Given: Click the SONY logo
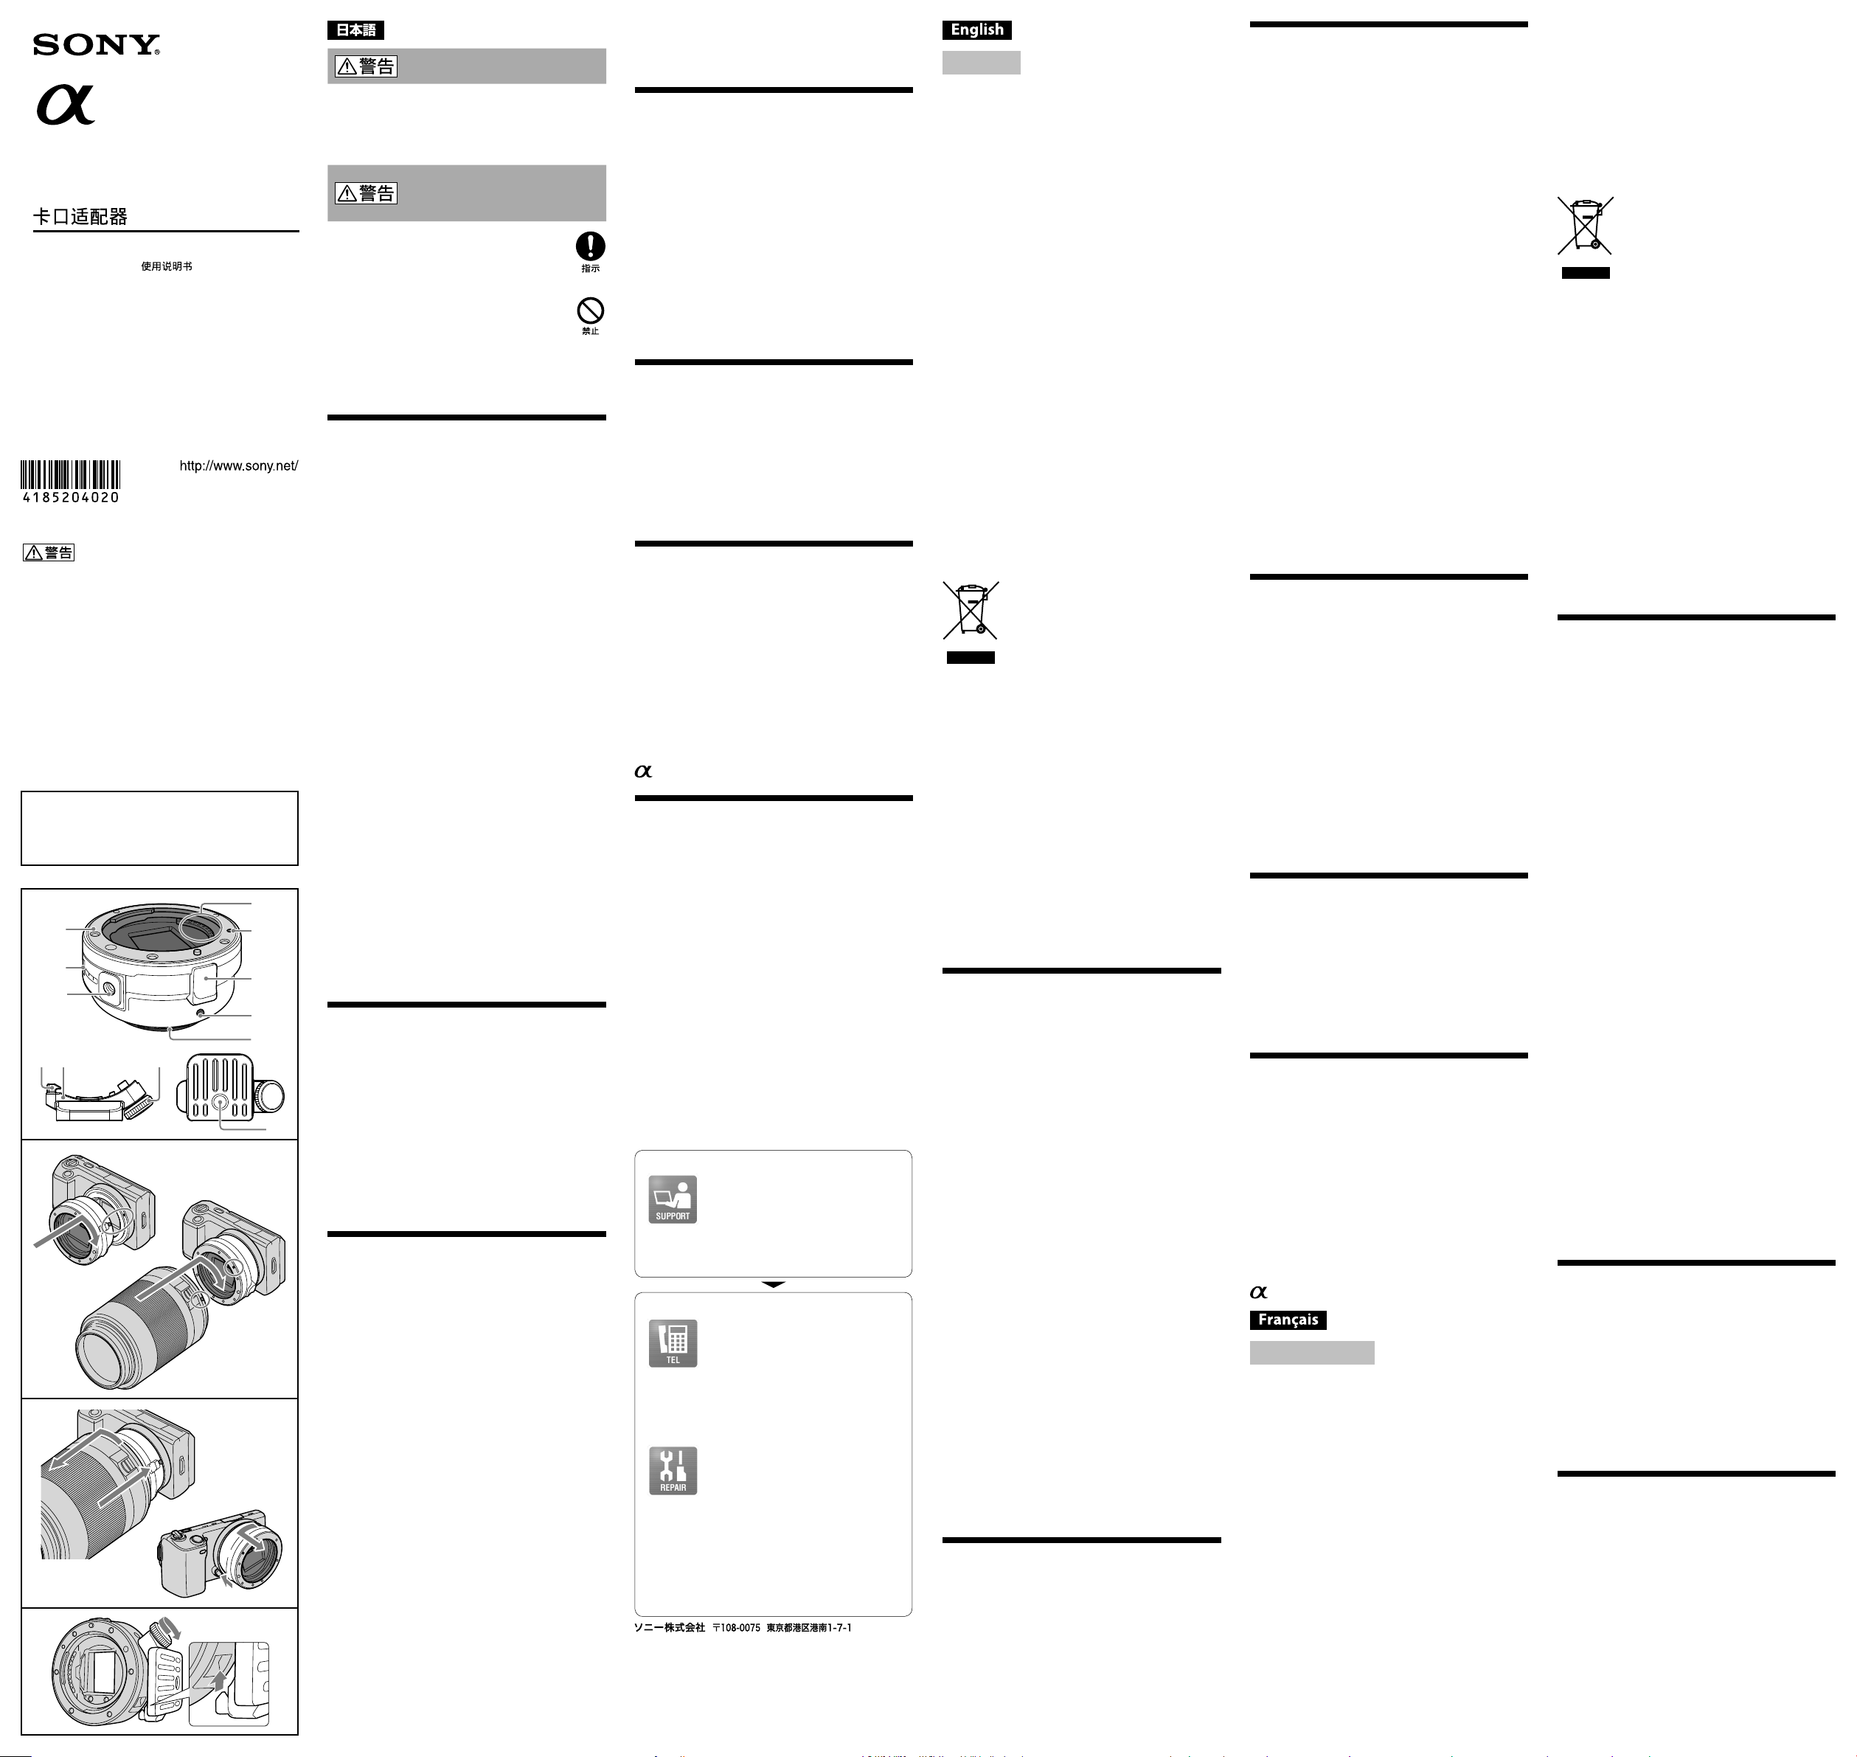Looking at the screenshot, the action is click(x=97, y=45).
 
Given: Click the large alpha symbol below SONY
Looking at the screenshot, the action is click(x=66, y=104).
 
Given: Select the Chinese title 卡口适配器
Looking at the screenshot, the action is click(x=80, y=216).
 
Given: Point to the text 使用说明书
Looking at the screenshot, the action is click(x=167, y=267).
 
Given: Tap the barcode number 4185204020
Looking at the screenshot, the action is click(x=72, y=497).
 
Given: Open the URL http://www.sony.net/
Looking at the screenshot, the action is click(x=239, y=465).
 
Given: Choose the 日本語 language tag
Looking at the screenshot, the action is click(x=356, y=30).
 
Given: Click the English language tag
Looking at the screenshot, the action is click(x=976, y=30).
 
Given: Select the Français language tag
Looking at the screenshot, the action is click(x=1288, y=1320).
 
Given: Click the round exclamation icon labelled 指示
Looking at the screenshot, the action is click(x=590, y=246).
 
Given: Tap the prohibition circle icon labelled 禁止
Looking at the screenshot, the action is click(x=590, y=311).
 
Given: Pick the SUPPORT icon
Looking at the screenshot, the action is click(x=673, y=1200).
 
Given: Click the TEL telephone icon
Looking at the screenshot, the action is click(x=673, y=1343).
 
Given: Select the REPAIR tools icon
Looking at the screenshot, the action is click(x=673, y=1470).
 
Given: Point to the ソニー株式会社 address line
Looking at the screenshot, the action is click(x=743, y=1628).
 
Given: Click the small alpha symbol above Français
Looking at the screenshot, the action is click(x=1259, y=1292).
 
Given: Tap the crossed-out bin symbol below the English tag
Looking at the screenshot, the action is click(x=971, y=611).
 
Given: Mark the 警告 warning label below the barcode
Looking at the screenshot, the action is click(x=49, y=552).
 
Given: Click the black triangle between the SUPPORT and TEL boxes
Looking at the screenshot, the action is click(x=774, y=1285).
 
